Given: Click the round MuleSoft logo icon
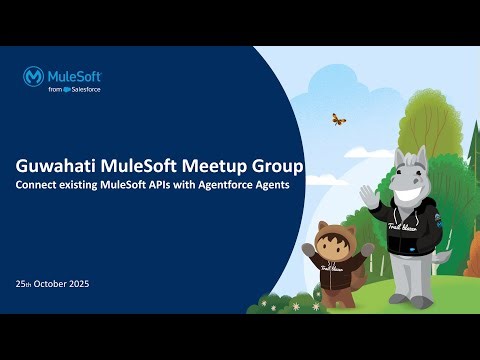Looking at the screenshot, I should pos(36,76).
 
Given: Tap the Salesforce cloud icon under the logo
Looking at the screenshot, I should pos(68,90).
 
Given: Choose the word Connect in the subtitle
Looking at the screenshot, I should pos(48,185).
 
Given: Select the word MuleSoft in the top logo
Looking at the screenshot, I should pos(76,75).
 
